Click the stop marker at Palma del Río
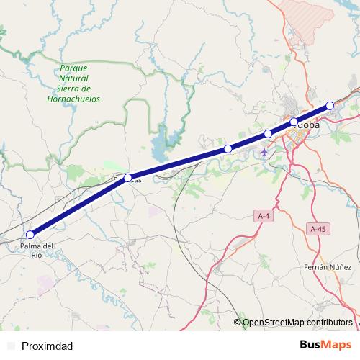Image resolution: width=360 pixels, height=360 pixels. pos(30,235)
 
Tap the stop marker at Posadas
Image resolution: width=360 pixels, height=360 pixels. pos(128,178)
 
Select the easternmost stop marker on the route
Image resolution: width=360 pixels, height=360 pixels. pos(330,105)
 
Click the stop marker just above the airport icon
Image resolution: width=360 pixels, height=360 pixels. pos(268,133)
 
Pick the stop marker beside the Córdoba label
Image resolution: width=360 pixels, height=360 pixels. pos(294,121)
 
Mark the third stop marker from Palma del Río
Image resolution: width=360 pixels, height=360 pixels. pos(228,148)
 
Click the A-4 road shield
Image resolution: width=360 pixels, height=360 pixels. pos(264,215)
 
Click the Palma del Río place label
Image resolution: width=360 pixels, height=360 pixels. pos(36,250)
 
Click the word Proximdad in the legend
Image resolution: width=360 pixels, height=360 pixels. pos(48,346)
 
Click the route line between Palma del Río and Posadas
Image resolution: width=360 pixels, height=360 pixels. pos(79,207)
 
